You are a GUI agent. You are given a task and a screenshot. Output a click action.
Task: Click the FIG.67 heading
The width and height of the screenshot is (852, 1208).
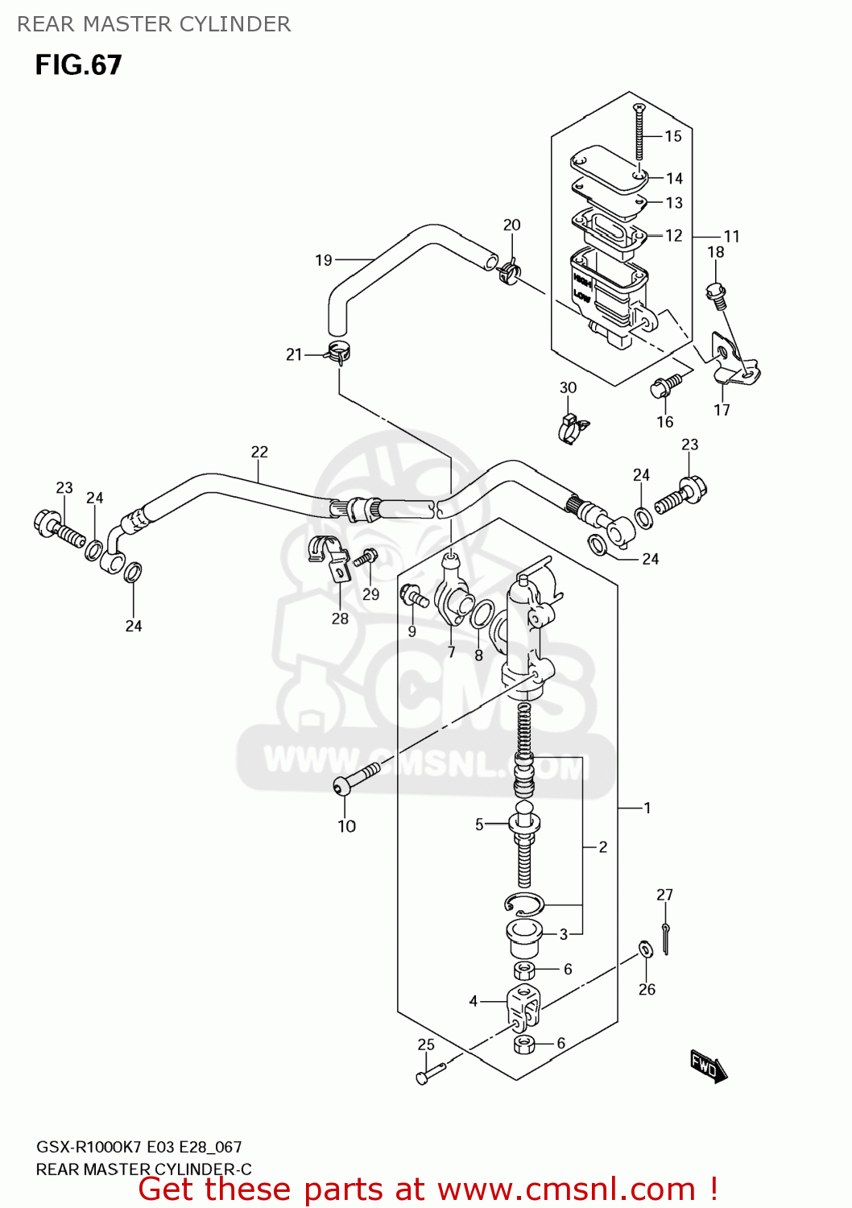pos(78,65)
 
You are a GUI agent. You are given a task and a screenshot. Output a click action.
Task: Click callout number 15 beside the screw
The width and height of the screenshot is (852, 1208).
pos(673,136)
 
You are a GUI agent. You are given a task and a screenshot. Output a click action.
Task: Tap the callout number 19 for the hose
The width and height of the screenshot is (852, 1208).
pos(323,260)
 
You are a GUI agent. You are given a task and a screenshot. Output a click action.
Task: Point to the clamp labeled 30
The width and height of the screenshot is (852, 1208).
pos(572,428)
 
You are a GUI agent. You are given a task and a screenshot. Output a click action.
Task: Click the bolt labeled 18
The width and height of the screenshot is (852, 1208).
pos(716,294)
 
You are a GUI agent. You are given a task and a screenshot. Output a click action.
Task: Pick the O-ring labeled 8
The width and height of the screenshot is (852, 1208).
pos(482,614)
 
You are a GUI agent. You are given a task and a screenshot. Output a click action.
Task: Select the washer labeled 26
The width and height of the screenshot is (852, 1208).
pos(646,949)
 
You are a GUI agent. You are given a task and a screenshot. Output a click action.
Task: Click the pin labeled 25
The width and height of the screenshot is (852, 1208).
pos(429,1073)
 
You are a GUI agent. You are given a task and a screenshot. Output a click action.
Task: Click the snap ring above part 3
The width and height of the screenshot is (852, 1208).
pos(524,904)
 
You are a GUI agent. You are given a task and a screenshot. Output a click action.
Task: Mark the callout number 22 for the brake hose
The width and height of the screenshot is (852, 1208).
pos(259,452)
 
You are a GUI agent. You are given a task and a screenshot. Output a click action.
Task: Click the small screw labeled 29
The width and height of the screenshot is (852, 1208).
pos(368,556)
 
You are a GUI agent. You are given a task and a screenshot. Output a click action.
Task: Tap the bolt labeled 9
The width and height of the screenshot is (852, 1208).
pos(413,598)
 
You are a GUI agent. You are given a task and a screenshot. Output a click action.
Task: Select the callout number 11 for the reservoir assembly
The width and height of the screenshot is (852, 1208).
pos(731,236)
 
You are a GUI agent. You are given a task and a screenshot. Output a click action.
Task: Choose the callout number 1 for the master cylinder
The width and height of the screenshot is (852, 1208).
pos(647,807)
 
